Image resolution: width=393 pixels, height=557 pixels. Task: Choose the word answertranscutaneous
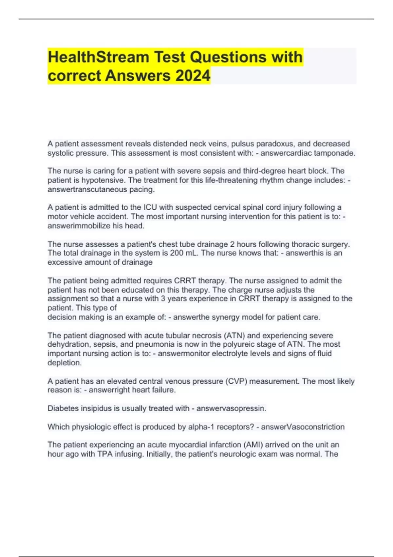tap(87, 189)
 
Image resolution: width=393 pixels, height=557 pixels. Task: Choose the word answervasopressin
tap(231, 409)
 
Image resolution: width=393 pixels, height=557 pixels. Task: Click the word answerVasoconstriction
tap(303, 427)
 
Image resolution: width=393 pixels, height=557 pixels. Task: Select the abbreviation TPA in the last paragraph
tap(105, 454)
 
